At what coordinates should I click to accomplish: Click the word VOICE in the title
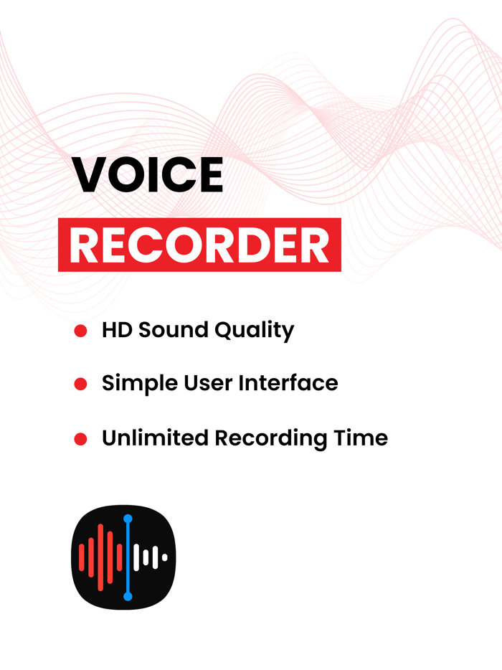tap(147, 174)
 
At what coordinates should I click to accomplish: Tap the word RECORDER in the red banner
tap(199, 246)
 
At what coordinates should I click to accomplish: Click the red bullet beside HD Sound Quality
tap(80, 331)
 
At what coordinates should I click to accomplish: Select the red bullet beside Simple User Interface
tap(80, 384)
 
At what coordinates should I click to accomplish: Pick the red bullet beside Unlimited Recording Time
tap(80, 438)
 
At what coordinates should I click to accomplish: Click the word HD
tap(116, 330)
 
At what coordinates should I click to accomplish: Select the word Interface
tap(290, 383)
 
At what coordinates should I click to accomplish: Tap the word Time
tap(360, 438)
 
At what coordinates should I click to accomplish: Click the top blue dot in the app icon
tap(128, 518)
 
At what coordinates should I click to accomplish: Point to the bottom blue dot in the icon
tap(128, 596)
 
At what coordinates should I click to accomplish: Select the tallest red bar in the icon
tap(100, 557)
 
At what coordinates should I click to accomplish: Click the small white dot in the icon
tap(165, 557)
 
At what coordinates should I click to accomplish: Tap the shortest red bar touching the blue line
tap(119, 557)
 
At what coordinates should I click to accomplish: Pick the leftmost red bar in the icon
tap(82, 557)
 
